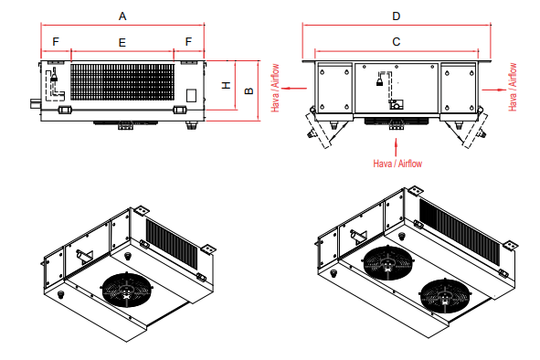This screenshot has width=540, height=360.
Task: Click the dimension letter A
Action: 122,16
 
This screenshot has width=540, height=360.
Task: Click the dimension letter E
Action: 122,43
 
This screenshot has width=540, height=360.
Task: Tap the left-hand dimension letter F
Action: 56,42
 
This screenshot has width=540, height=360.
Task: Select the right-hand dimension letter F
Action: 188,42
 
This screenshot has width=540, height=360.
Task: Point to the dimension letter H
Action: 226,85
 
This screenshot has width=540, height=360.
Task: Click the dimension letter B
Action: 249,90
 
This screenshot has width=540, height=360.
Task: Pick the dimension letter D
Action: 397,16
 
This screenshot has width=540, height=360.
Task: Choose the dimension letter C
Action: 397,42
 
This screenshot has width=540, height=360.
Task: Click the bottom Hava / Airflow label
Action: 397,163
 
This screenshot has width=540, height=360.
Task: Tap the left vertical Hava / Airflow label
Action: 275,88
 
